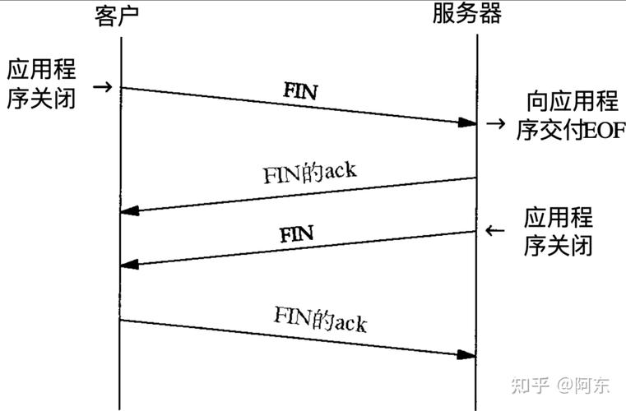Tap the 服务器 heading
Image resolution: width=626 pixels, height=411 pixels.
pos(466,15)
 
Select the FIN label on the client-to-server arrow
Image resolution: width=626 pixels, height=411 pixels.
pos(300,90)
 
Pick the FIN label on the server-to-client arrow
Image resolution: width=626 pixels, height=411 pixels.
pos(296,234)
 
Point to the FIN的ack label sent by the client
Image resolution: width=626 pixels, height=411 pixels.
pos(319,317)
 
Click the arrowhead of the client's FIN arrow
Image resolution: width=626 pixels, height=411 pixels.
pos(467,122)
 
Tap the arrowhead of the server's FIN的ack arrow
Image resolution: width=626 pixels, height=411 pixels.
pos(129,212)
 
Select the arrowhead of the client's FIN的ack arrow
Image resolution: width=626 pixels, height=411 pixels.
pos(467,354)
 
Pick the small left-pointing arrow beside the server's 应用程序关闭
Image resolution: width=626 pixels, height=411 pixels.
pos(494,231)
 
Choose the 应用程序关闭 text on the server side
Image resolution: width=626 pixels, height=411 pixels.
pos(559,233)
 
